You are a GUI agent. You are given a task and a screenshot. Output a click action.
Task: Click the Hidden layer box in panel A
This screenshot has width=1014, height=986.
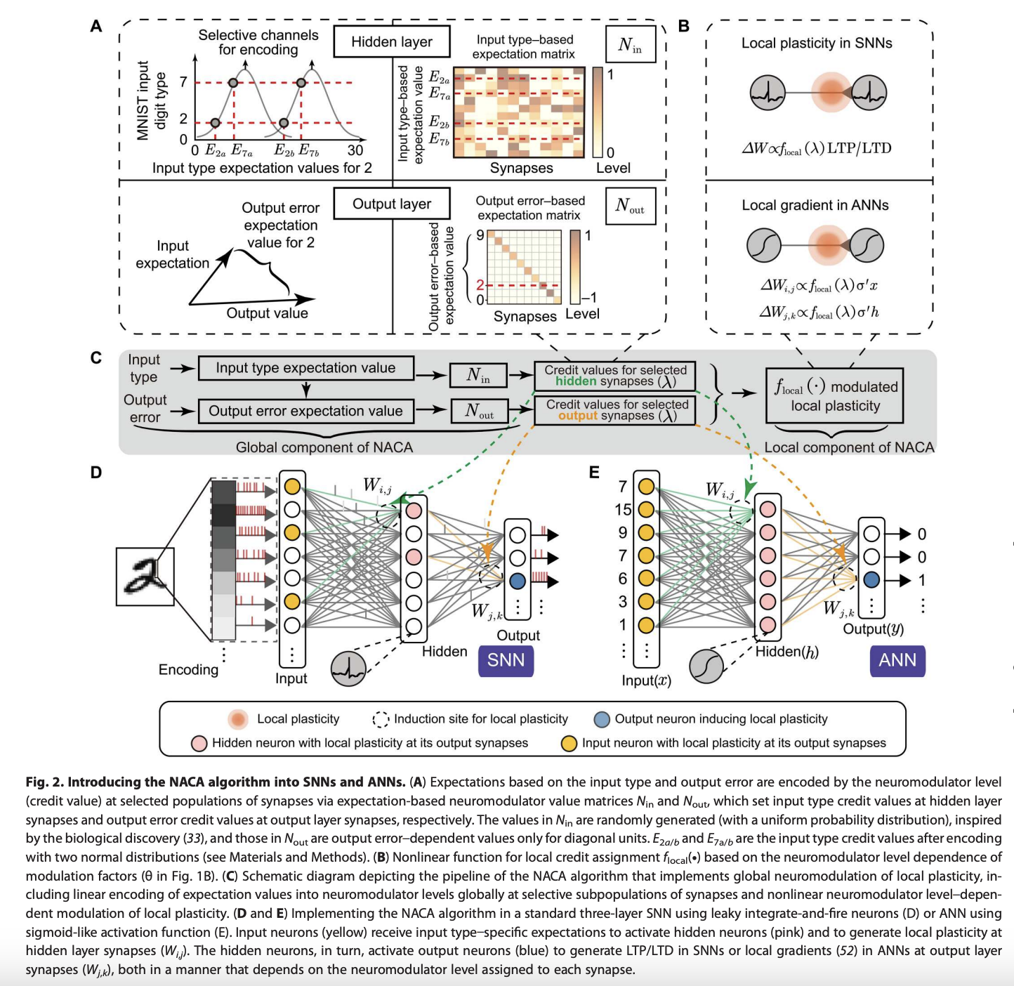[392, 42]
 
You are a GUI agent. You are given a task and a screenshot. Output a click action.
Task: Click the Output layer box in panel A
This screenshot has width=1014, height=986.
[392, 204]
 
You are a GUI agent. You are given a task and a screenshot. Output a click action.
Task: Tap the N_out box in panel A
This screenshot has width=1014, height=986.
[630, 206]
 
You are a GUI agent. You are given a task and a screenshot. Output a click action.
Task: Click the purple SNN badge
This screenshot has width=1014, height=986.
[506, 661]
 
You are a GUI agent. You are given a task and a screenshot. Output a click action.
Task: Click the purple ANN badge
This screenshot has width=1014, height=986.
[897, 661]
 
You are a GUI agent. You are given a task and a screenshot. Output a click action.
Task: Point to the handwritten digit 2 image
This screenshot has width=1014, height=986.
[145, 577]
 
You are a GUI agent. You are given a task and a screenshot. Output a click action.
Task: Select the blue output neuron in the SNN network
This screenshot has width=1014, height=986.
[518, 581]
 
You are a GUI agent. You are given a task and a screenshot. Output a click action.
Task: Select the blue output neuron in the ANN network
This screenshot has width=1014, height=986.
[871, 580]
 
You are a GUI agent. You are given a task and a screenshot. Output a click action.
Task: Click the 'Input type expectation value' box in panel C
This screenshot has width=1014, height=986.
[305, 368]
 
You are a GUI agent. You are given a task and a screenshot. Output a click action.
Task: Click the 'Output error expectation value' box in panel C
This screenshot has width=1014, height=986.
[305, 412]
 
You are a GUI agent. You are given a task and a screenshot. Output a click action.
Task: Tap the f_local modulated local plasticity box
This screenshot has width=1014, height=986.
[834, 396]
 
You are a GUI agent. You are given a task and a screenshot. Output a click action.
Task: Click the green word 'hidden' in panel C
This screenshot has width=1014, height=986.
[575, 381]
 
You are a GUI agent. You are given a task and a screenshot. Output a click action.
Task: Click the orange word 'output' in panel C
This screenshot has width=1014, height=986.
[577, 416]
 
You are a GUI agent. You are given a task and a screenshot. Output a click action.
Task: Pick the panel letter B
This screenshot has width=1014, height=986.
[683, 27]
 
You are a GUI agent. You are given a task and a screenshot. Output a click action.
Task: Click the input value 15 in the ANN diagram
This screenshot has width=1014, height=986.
[623, 509]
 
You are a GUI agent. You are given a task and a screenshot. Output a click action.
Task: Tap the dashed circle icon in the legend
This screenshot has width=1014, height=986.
[381, 719]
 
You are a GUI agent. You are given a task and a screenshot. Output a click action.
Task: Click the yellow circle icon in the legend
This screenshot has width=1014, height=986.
[569, 743]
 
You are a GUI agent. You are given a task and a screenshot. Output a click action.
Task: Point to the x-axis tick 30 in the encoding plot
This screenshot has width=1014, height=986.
[355, 150]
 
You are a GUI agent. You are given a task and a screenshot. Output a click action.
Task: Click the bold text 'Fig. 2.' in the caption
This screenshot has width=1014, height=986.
[45, 782]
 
